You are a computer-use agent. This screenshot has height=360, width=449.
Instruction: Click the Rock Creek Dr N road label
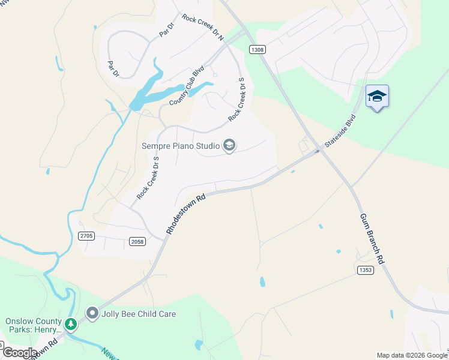202,28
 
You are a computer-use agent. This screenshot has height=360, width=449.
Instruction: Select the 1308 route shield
258,50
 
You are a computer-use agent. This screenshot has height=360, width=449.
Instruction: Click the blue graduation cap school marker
377,97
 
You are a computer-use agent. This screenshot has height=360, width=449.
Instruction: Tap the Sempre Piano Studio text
180,145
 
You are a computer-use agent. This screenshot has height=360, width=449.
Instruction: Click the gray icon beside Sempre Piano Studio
229,145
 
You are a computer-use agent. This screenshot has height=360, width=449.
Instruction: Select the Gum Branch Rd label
372,239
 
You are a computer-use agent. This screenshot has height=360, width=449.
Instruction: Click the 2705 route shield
86,236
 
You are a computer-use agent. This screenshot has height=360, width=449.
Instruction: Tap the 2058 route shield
137,241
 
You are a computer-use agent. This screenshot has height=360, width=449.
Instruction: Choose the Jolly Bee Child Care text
139,314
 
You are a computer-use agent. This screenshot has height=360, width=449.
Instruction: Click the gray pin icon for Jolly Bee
92,313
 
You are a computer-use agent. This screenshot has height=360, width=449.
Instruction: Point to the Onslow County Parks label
34,325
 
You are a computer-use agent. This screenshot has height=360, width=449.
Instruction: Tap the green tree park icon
71,325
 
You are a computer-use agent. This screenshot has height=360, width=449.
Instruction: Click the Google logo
19,352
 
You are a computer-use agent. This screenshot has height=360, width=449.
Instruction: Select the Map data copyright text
412,355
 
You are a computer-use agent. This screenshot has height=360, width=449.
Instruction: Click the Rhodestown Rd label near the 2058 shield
185,214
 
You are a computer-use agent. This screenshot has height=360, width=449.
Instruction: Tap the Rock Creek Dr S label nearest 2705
147,178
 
